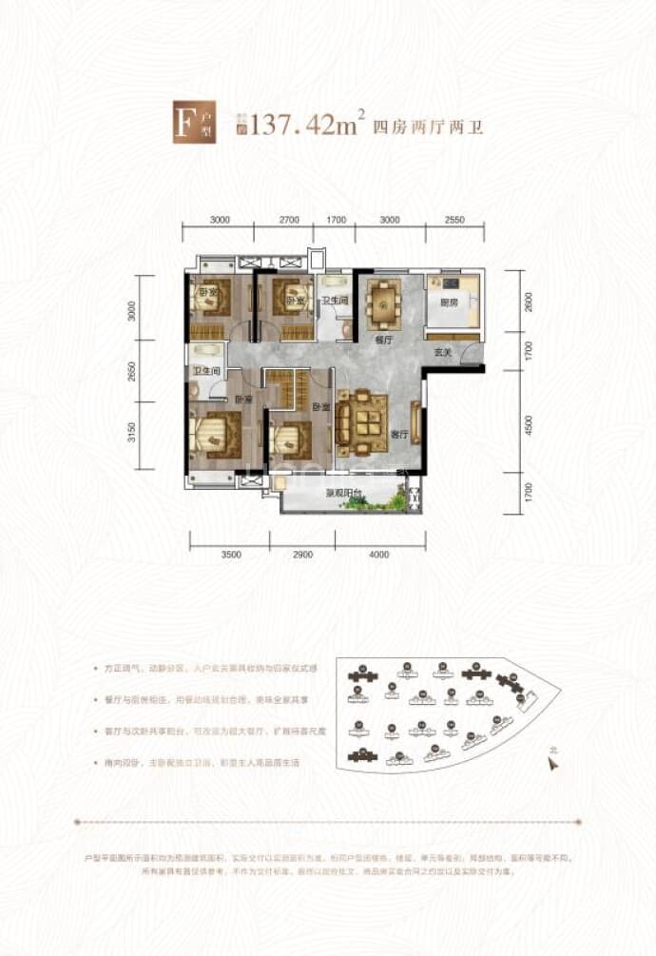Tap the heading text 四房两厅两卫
427,127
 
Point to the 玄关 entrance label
441,354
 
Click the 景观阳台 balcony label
342,494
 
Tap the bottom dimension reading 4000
378,554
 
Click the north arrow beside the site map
551,758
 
